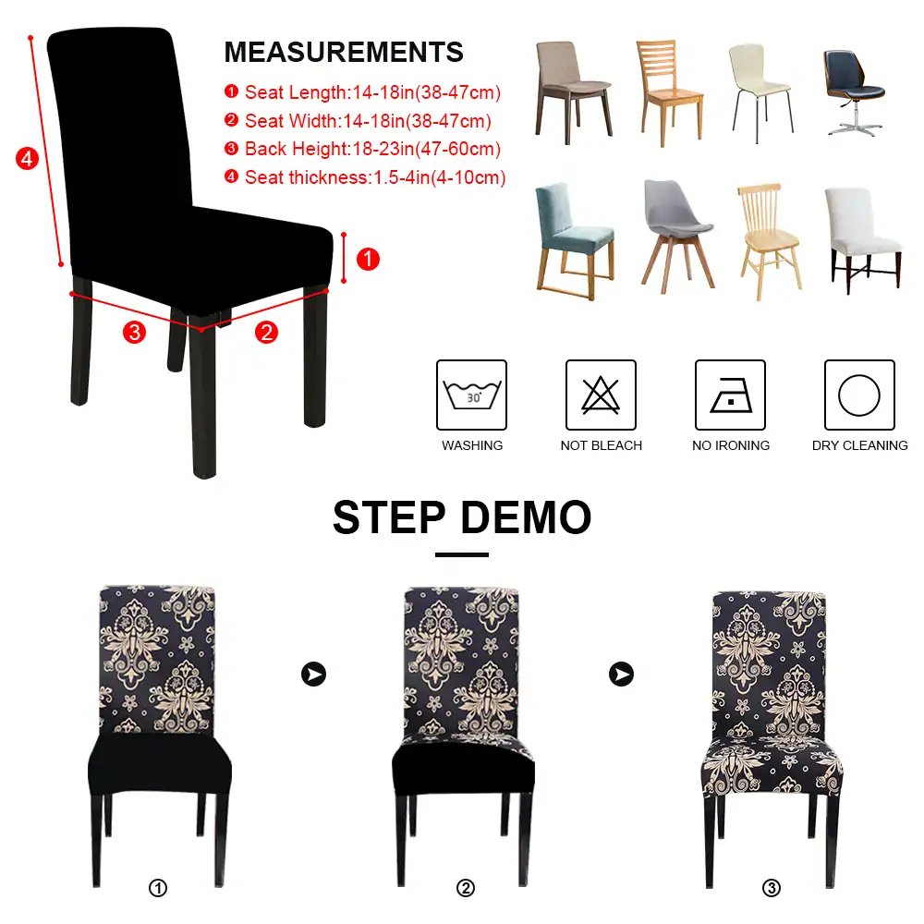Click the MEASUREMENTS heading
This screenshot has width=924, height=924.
[344, 52]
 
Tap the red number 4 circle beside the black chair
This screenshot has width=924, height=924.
[27, 159]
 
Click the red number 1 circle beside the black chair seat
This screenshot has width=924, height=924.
[368, 260]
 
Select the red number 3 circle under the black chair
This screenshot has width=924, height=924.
[134, 333]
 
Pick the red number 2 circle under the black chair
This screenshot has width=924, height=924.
[266, 333]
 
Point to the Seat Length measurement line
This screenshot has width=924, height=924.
[362, 92]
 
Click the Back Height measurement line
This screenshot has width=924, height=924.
[362, 149]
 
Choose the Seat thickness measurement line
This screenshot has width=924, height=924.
[365, 177]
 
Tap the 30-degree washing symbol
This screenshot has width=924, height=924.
[471, 395]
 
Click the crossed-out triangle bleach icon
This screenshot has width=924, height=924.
[602, 395]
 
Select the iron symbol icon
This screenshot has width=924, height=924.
[730, 395]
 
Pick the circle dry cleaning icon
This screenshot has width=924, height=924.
[859, 395]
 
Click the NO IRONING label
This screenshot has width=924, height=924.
[731, 445]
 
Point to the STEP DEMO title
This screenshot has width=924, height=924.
[462, 517]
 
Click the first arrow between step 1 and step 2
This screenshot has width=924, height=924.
[313, 674]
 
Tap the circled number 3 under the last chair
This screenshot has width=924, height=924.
[772, 887]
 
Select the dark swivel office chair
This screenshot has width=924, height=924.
[854, 92]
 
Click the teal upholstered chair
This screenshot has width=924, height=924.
[575, 240]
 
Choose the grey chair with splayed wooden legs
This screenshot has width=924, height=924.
[677, 236]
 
